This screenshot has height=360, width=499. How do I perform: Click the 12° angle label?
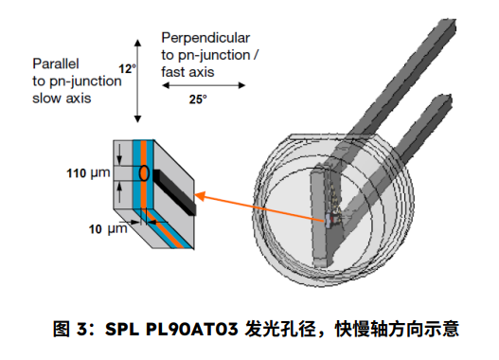tap(127, 68)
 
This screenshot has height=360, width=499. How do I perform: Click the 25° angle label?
tap(198, 99)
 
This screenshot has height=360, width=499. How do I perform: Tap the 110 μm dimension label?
tap(88, 173)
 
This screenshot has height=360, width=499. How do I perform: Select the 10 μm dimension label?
tap(108, 229)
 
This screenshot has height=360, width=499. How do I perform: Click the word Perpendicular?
tap(205, 38)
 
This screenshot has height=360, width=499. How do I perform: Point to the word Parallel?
tap(56, 63)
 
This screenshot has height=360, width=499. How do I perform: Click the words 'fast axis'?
tap(187, 72)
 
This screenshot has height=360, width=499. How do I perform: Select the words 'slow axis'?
tap(62, 98)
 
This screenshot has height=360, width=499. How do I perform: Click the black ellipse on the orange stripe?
tap(144, 172)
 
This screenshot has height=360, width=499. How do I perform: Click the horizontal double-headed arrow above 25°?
tap(204, 85)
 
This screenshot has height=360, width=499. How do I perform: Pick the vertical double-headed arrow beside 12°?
tap(137, 81)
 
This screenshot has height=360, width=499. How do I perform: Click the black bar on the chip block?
tap(174, 192)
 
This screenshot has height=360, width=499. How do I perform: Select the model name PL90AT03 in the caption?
tap(191, 330)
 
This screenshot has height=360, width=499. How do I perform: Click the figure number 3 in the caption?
tap(81, 330)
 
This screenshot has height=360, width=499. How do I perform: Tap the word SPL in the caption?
tap(122, 330)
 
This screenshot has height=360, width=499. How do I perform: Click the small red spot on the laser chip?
tap(333, 219)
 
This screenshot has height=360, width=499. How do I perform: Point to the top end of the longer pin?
tap(445, 25)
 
